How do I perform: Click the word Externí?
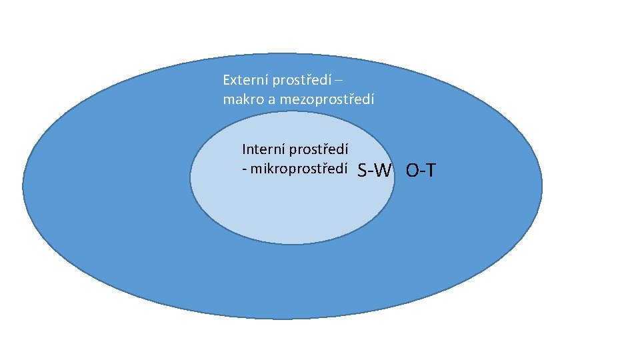coord(243,81)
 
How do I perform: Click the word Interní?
coord(262,149)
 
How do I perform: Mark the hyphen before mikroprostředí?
coord(245,169)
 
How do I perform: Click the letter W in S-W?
coord(383,171)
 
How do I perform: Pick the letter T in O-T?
coord(430,171)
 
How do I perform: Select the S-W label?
coord(374,171)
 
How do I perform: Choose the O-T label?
coord(421,171)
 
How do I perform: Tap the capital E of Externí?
coord(227,81)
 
